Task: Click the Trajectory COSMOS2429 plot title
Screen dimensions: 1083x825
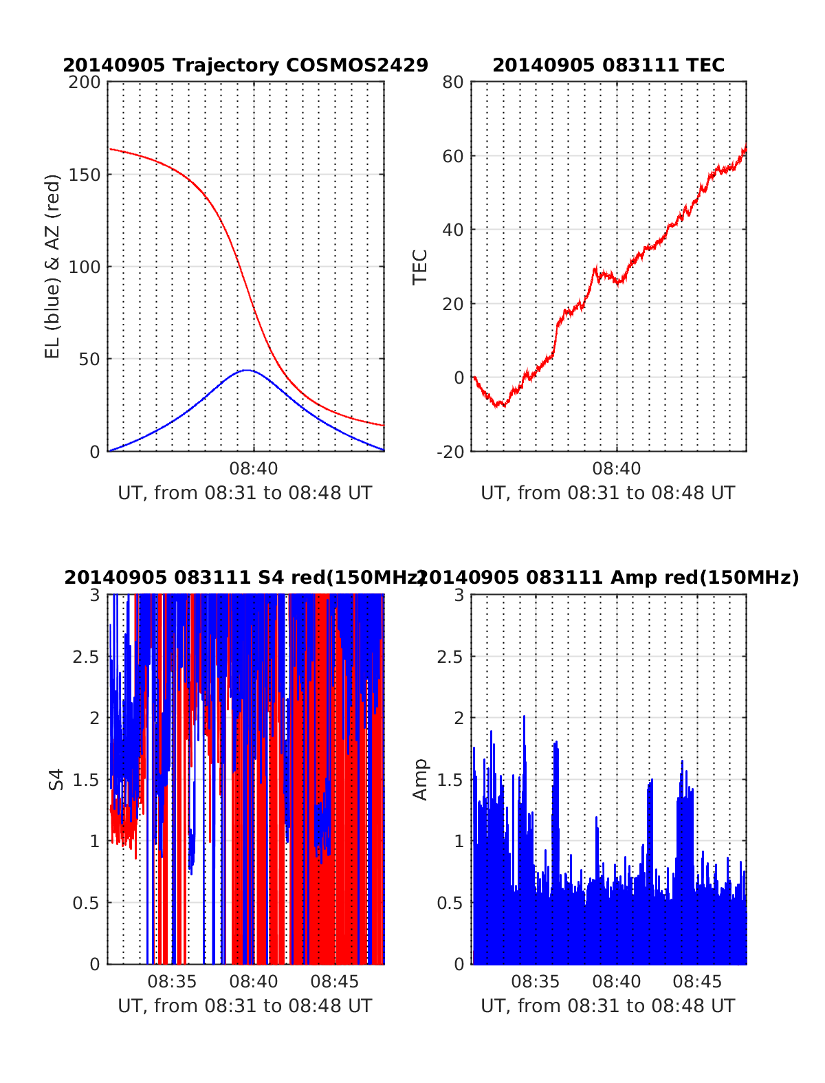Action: (x=245, y=65)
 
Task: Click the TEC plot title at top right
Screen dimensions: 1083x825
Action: (x=608, y=65)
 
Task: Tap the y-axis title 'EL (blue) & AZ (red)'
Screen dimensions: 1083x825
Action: (x=53, y=266)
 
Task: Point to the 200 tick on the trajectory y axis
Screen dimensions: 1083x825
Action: (x=85, y=83)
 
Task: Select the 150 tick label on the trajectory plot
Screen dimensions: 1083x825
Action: (x=85, y=175)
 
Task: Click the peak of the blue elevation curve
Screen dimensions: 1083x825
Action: (x=247, y=370)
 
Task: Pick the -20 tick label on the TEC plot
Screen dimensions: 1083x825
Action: (x=450, y=452)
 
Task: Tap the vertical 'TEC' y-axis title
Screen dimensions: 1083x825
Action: (x=420, y=267)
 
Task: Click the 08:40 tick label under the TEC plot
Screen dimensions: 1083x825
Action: (x=617, y=469)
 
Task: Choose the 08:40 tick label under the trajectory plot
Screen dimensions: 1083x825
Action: (x=254, y=469)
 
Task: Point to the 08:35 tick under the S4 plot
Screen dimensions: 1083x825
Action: (x=172, y=981)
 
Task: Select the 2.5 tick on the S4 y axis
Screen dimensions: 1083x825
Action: (x=86, y=657)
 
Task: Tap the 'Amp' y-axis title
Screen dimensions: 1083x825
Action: (x=420, y=779)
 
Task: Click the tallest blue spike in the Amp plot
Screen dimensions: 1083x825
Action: (x=524, y=716)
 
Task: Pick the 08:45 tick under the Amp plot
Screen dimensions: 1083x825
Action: (x=697, y=981)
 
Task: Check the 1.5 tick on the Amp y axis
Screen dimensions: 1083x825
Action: (x=450, y=780)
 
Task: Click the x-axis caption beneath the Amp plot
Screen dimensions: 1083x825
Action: (x=608, y=1006)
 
